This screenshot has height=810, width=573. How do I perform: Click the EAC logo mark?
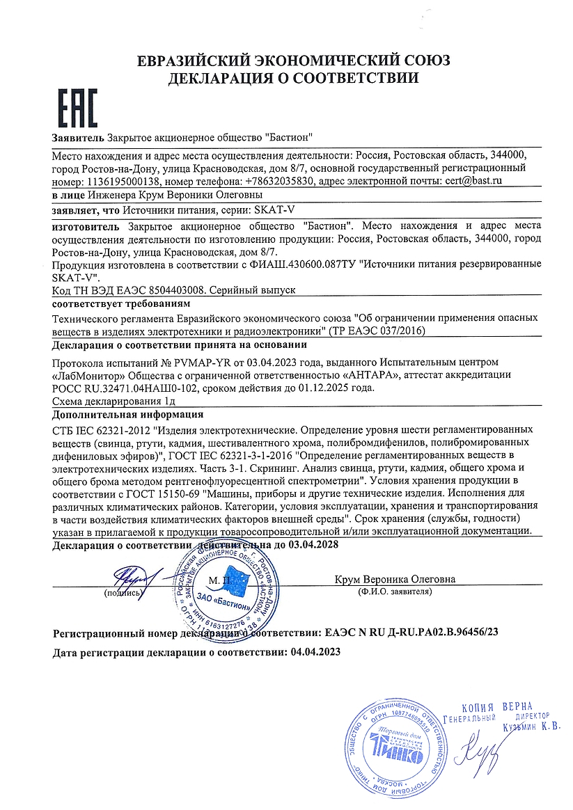click(x=76, y=109)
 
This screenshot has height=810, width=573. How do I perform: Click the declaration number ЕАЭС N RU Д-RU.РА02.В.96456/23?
click(x=411, y=633)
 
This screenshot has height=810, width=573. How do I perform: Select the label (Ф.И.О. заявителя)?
click(x=394, y=592)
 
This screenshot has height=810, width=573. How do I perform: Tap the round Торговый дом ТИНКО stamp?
click(x=395, y=751)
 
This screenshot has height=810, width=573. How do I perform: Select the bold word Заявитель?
click(x=78, y=137)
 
